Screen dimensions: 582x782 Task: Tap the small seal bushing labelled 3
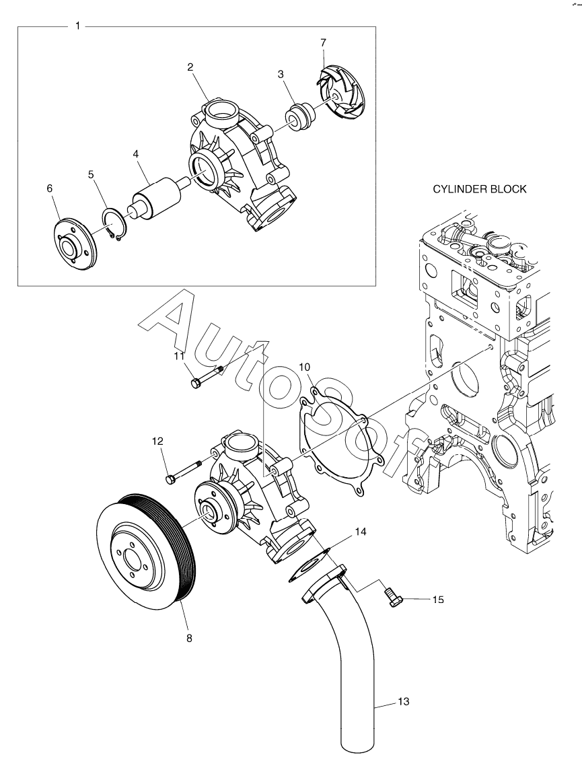[299, 118]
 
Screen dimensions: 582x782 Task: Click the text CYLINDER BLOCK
[479, 189]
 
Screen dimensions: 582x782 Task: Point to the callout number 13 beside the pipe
[403, 702]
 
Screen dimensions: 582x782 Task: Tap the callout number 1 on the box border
[77, 26]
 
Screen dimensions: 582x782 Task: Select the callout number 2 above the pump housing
[190, 67]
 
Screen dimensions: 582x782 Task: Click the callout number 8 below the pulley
[190, 638]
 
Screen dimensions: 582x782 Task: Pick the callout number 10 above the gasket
[305, 368]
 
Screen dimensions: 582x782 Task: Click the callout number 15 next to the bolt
[438, 600]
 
